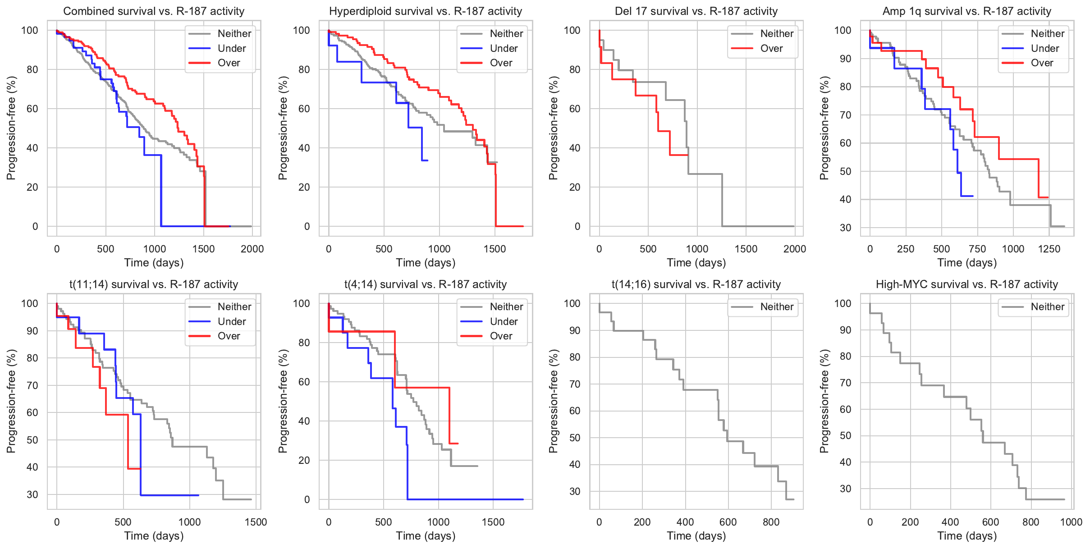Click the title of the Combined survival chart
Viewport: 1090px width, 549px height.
pyautogui.click(x=154, y=11)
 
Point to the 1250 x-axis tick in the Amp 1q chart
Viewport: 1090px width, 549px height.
pyautogui.click(x=1049, y=249)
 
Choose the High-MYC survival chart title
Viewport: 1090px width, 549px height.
pyautogui.click(x=966, y=284)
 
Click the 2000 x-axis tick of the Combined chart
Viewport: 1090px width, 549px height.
pyautogui.click(x=252, y=249)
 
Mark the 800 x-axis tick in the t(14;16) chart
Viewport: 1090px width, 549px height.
pyautogui.click(x=771, y=522)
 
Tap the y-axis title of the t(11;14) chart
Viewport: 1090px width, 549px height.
pyautogui.click(x=11, y=401)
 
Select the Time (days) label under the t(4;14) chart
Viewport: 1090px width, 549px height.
pyautogui.click(x=426, y=536)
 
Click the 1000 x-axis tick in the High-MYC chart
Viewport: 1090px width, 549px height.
pyautogui.click(x=1071, y=522)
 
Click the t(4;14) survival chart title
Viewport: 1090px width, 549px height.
pyautogui.click(x=426, y=284)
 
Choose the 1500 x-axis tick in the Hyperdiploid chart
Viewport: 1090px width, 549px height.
pyautogui.click(x=495, y=249)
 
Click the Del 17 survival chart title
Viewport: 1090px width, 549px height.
pyautogui.click(x=696, y=11)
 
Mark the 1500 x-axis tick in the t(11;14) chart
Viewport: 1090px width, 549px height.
pyautogui.click(x=256, y=522)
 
